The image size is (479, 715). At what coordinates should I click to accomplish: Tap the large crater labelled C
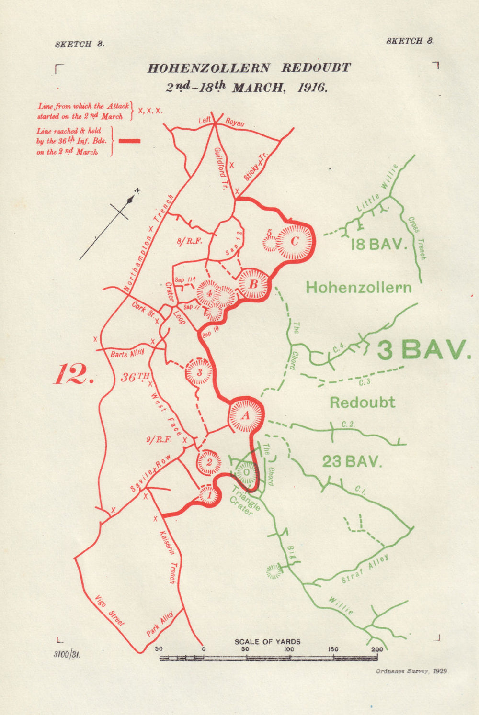pyautogui.click(x=294, y=241)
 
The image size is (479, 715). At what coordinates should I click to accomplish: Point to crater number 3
pyautogui.click(x=199, y=372)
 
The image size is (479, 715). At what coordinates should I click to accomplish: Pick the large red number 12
pyautogui.click(x=72, y=374)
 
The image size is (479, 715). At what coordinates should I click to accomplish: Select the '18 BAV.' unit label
pyautogui.click(x=378, y=245)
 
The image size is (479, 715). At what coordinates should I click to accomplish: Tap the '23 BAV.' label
pyautogui.click(x=352, y=462)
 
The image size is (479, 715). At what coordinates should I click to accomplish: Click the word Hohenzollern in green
pyautogui.click(x=358, y=288)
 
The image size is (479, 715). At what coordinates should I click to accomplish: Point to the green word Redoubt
pyautogui.click(x=362, y=402)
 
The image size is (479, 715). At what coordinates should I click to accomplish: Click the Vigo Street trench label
pyautogui.click(x=109, y=611)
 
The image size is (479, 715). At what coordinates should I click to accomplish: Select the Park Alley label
pyautogui.click(x=160, y=625)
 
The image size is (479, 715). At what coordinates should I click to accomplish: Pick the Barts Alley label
pyautogui.click(x=127, y=353)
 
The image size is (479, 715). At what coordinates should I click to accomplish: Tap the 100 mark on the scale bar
pyautogui.click(x=289, y=649)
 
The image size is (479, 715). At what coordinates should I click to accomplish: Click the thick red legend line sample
pyautogui.click(x=129, y=141)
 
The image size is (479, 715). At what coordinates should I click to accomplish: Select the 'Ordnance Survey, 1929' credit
pyautogui.click(x=412, y=671)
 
